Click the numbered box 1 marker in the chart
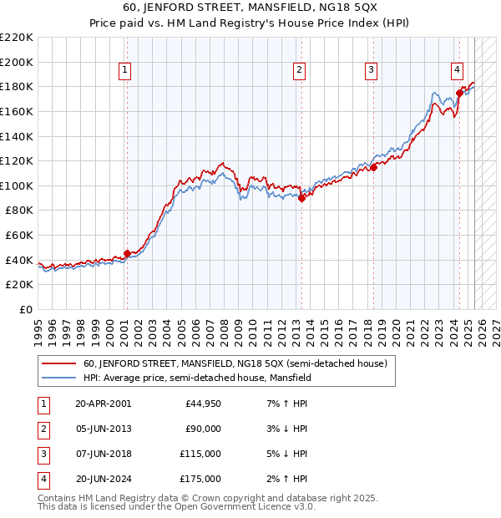click(x=124, y=70)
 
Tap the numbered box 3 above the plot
click(x=371, y=70)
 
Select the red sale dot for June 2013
click(x=301, y=198)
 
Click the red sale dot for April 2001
click(x=127, y=253)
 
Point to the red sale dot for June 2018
click(x=373, y=167)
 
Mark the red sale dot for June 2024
click(x=459, y=93)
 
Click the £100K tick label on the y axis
click(x=17, y=185)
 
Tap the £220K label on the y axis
click(x=17, y=38)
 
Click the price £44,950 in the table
click(x=202, y=404)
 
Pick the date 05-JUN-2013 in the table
click(x=103, y=429)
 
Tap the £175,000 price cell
click(x=200, y=479)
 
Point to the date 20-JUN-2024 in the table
click(x=103, y=479)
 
